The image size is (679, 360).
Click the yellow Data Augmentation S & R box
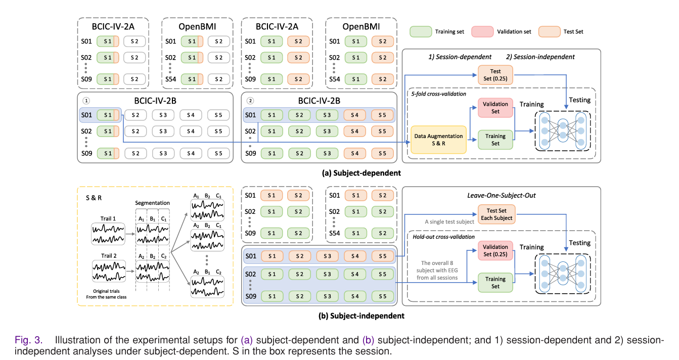point(438,140)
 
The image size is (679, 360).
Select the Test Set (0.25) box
point(495,75)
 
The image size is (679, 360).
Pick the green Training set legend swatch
point(421,31)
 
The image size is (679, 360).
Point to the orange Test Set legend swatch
point(550,31)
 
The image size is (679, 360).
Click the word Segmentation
point(152,203)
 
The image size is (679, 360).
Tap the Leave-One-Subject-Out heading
point(502,195)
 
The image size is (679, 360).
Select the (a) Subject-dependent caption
point(361,173)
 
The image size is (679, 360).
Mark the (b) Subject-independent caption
point(362,316)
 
